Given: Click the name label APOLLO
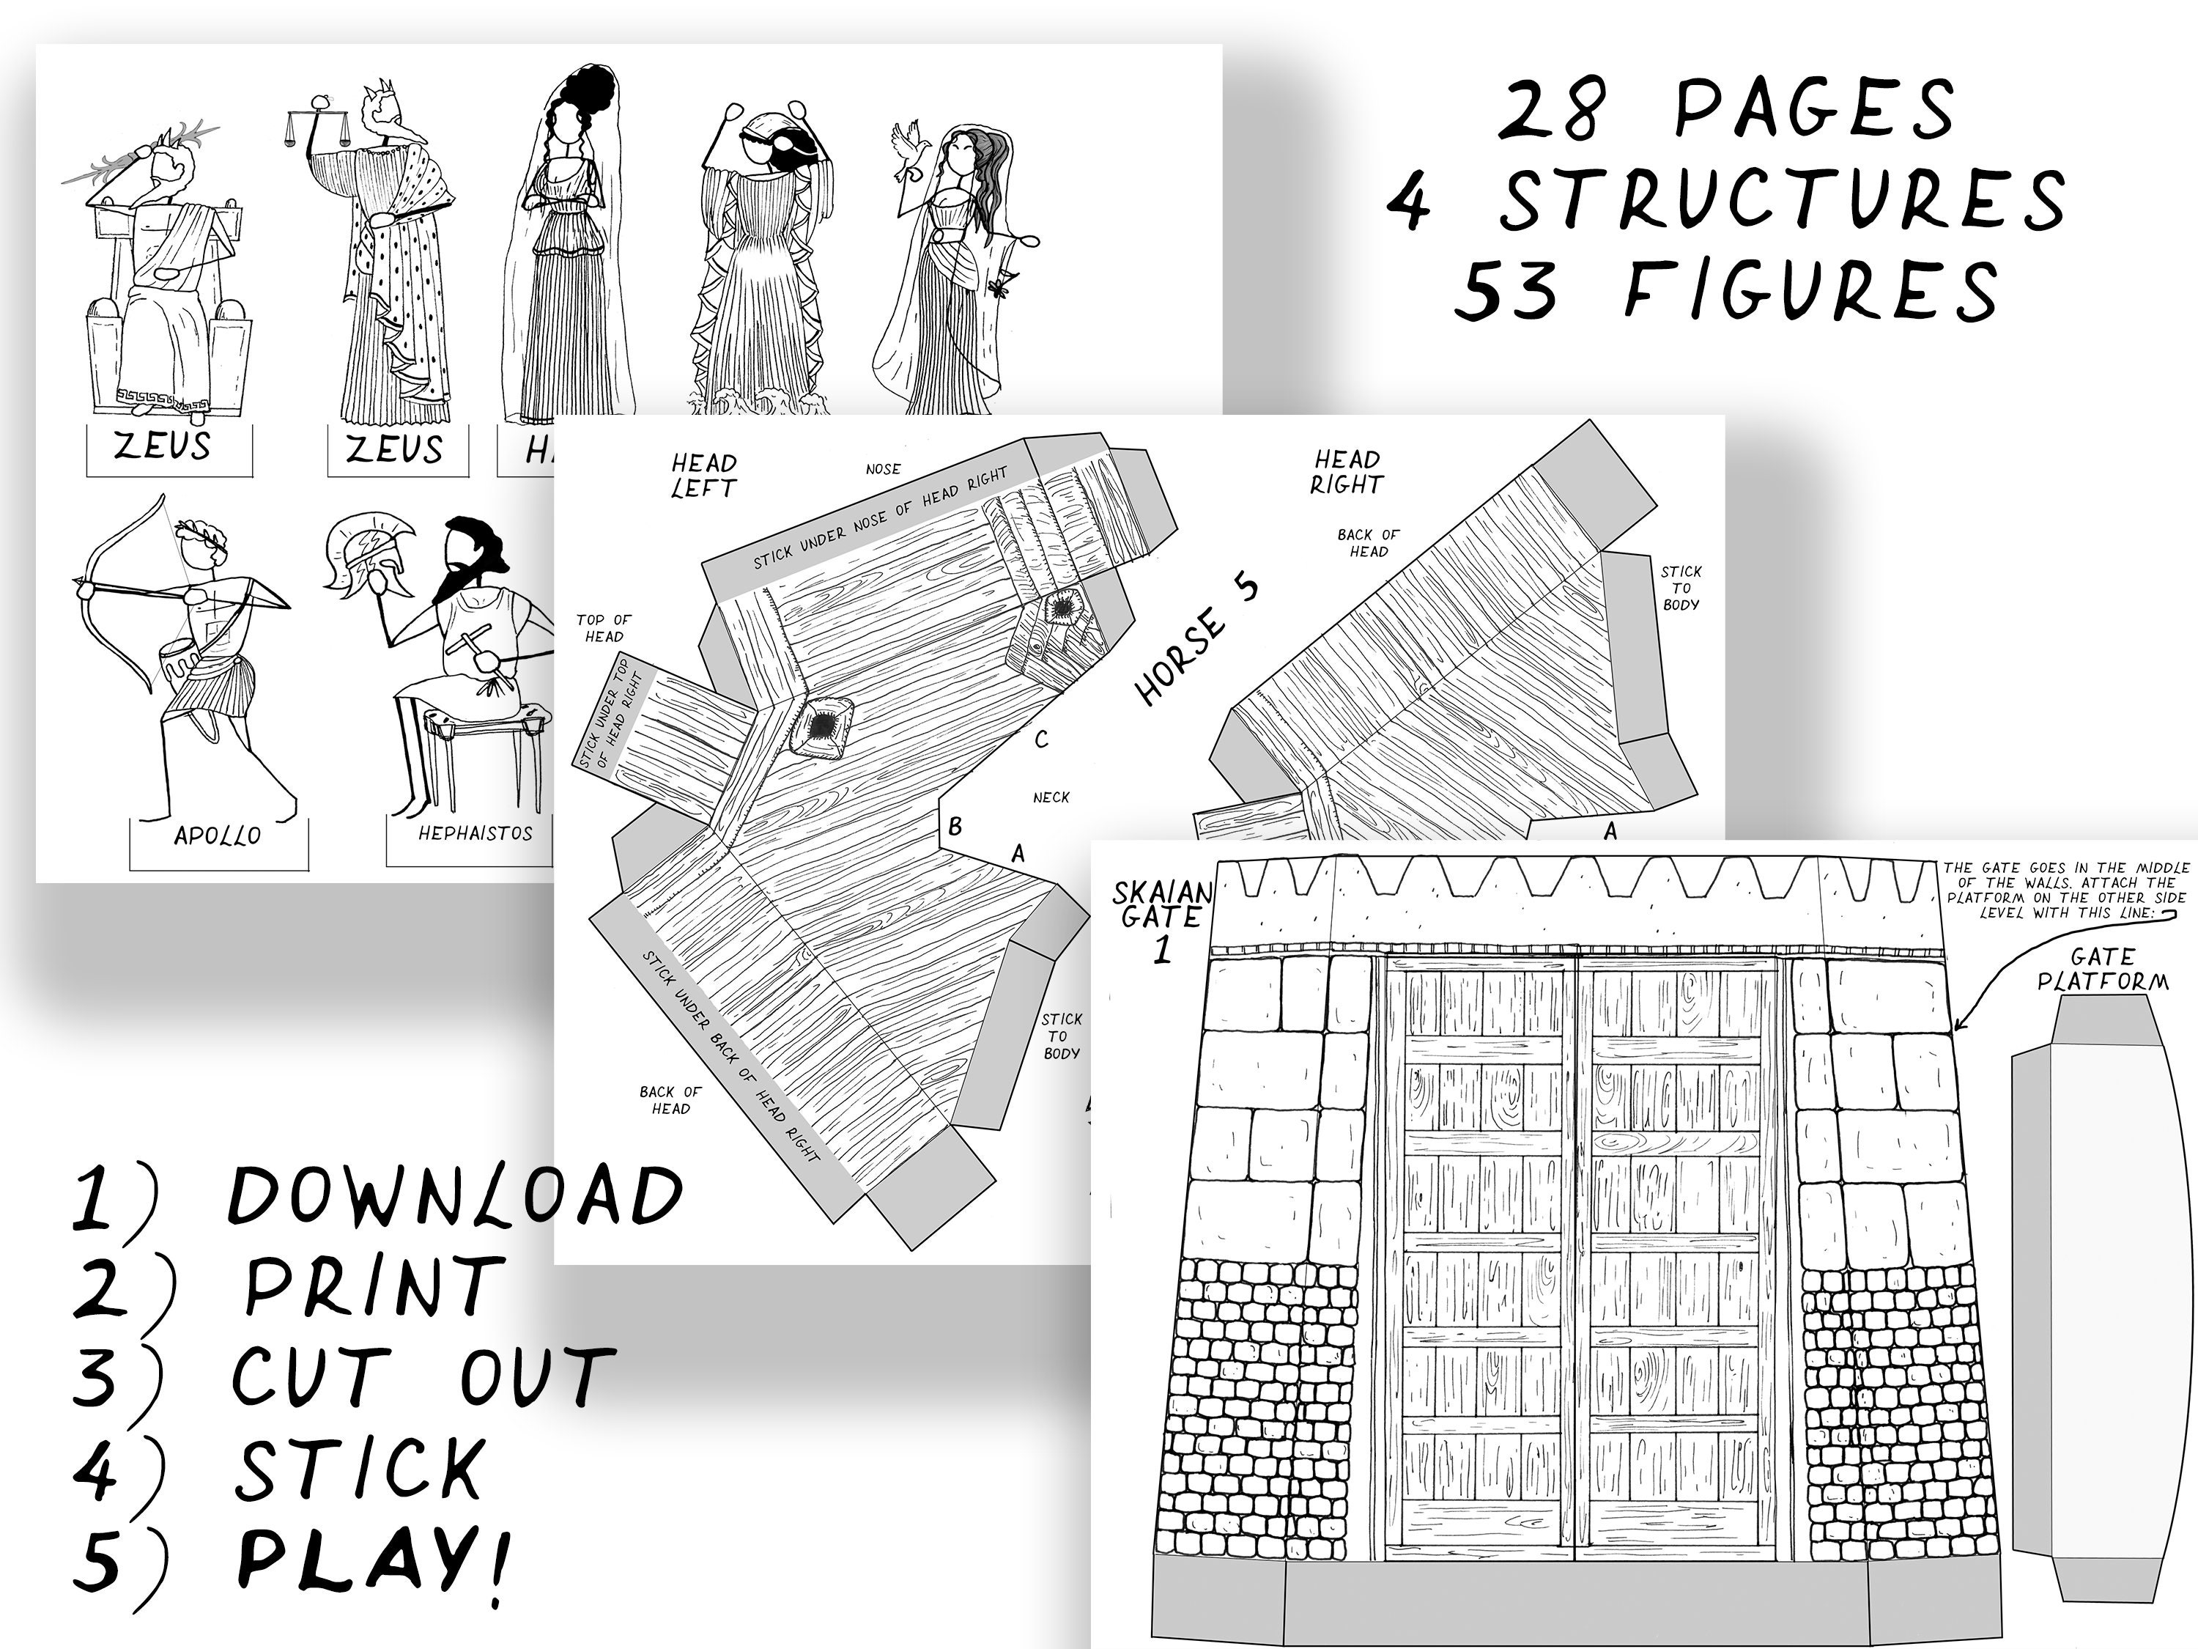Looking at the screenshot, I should [x=217, y=836].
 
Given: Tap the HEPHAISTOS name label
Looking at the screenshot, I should [x=475, y=834].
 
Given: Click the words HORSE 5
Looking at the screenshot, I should [x=1196, y=641].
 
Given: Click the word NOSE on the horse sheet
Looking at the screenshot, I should [x=882, y=469].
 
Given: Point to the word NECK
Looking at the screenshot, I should [x=1051, y=797].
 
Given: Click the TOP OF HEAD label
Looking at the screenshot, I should [x=603, y=628].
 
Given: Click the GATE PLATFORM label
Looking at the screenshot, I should [x=2103, y=969].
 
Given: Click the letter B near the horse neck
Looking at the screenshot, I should [x=955, y=826].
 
